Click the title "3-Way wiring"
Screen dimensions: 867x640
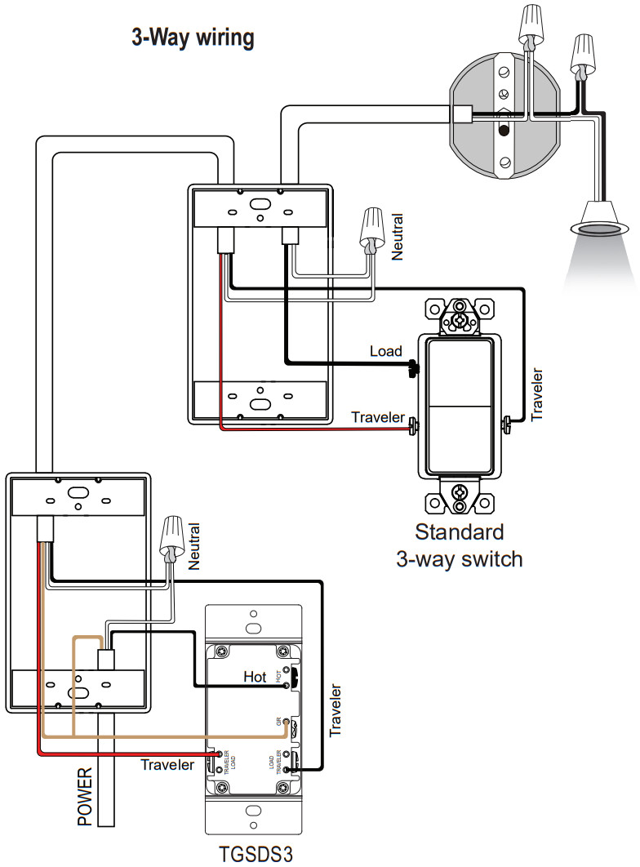tap(193, 38)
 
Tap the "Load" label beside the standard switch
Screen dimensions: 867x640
tap(386, 351)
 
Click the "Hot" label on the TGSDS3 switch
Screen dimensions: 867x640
tap(256, 677)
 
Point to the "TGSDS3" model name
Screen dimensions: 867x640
tap(256, 853)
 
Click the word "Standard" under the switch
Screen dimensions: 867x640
tap(460, 533)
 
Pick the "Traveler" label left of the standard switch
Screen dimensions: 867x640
tap(378, 417)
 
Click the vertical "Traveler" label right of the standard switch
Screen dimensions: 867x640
tap(537, 394)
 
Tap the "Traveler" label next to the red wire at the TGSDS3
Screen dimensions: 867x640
tap(167, 765)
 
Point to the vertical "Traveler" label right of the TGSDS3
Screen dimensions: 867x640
tap(336, 710)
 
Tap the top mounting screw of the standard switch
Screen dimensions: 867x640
tap(460, 314)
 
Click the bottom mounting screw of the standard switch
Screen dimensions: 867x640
tap(460, 493)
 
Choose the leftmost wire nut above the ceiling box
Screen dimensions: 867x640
tap(531, 28)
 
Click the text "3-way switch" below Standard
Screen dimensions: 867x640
tap(460, 559)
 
